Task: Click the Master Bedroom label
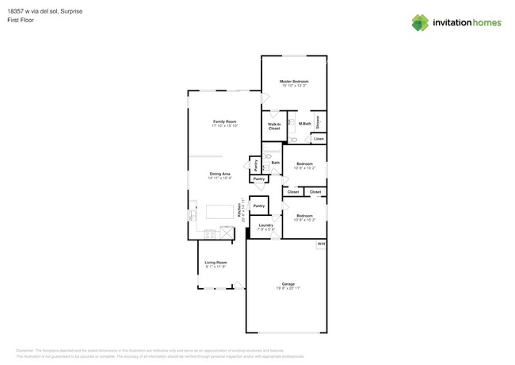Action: coord(294,81)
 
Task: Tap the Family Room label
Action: coord(225,121)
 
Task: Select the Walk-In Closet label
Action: coord(274,126)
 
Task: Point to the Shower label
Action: coord(318,121)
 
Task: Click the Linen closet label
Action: coord(319,139)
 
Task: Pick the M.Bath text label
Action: coord(304,123)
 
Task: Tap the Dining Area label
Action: coord(219,174)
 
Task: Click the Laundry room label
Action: coord(265,225)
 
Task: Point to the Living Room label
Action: coord(216,263)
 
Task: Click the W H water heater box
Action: coord(321,243)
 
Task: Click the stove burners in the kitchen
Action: coord(209,233)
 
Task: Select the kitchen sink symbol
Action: coord(193,214)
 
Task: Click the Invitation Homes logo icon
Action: coord(419,23)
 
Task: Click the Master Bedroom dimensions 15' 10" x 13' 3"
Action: coord(294,86)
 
